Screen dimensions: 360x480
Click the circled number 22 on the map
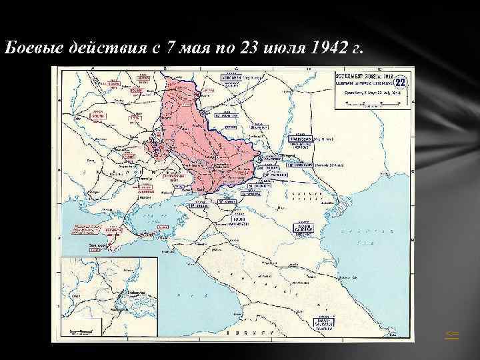(x=401, y=83)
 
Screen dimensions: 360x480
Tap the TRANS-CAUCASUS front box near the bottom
(x=323, y=325)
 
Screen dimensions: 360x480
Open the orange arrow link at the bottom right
(x=453, y=335)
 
